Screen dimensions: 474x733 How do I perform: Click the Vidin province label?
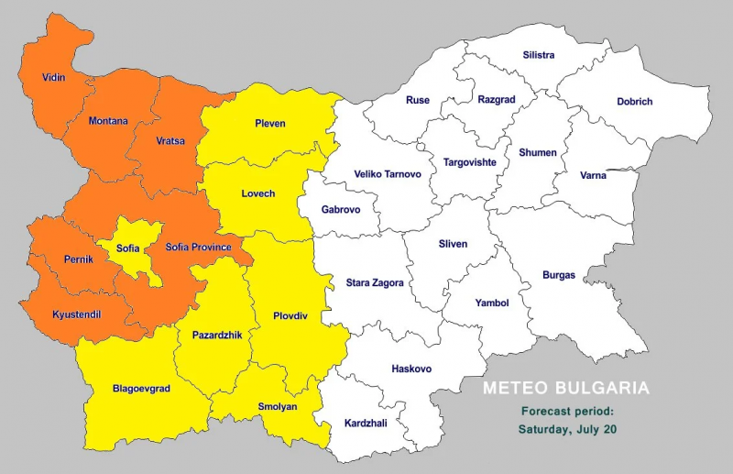click(x=53, y=78)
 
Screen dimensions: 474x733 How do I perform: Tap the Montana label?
click(x=108, y=121)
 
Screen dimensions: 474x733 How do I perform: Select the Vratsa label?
click(x=170, y=141)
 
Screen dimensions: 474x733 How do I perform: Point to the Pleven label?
click(x=269, y=123)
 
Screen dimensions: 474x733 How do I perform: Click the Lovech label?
click(x=257, y=193)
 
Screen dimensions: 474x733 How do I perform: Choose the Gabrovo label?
click(x=341, y=210)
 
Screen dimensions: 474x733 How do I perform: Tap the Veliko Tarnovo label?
click(x=388, y=174)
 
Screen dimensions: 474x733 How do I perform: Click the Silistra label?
click(x=539, y=55)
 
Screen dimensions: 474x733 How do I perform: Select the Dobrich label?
click(x=634, y=102)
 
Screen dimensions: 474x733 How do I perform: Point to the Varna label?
click(x=593, y=175)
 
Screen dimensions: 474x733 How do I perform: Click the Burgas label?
click(x=559, y=275)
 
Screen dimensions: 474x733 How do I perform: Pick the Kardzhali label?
click(x=366, y=424)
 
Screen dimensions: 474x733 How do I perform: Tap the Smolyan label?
click(x=276, y=407)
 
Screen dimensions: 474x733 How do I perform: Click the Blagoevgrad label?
click(x=141, y=388)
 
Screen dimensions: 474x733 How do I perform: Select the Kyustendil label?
click(x=75, y=314)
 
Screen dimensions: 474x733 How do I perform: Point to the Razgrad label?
click(x=498, y=99)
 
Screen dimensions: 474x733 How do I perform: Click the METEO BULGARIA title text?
click(x=566, y=389)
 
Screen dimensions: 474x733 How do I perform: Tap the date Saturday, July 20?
click(x=566, y=429)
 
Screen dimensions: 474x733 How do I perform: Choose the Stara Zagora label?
click(x=375, y=283)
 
